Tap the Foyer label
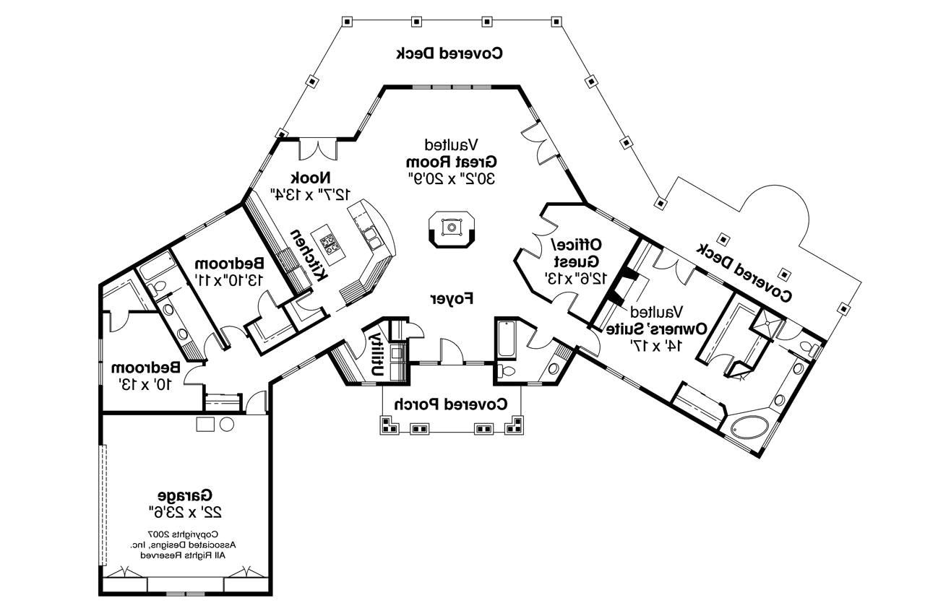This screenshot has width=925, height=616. [x=452, y=298]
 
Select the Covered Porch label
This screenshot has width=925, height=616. [x=451, y=404]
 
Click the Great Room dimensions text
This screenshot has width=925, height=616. [x=452, y=178]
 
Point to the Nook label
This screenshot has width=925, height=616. [x=311, y=178]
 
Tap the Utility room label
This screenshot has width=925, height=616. [x=377, y=354]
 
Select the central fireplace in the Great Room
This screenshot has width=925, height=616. [x=452, y=229]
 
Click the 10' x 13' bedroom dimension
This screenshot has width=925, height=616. [x=145, y=384]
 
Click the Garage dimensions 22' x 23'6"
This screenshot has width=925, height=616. [x=185, y=513]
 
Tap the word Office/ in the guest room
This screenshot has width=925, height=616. [x=577, y=245]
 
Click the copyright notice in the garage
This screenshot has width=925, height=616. [x=183, y=545]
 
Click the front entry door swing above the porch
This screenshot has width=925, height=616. [x=452, y=351]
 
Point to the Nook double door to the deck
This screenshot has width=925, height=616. [x=318, y=149]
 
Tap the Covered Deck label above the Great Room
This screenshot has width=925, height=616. [x=449, y=53]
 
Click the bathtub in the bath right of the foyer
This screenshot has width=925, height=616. [x=507, y=338]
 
